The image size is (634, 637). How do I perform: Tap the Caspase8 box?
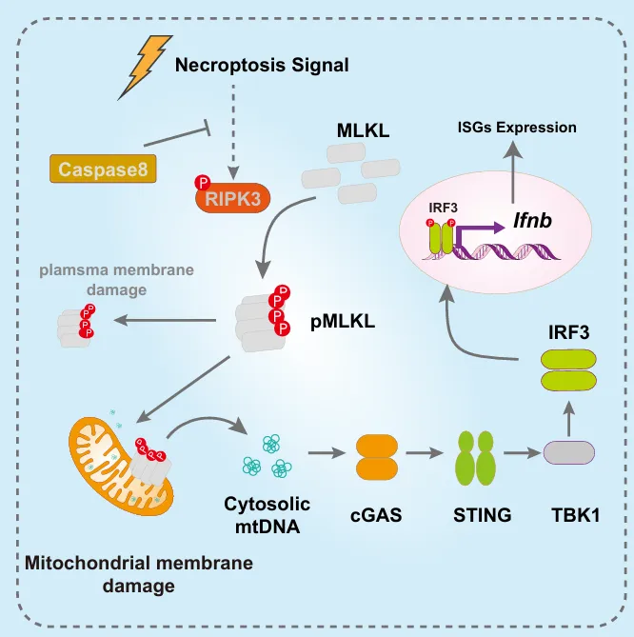click(103, 169)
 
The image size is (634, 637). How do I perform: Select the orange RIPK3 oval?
click(233, 198)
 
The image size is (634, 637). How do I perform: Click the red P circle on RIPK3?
click(202, 182)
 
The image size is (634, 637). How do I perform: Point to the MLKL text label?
click(363, 130)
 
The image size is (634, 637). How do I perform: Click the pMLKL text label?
click(343, 322)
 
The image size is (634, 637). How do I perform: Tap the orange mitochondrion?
click(121, 466)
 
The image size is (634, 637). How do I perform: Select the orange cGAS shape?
click(377, 457)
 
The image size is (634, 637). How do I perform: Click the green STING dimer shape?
click(476, 458)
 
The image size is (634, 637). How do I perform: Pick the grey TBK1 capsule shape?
click(569, 452)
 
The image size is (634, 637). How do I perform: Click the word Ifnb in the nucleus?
click(532, 221)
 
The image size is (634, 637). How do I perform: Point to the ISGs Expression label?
click(517, 128)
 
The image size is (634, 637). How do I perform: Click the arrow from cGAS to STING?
click(424, 452)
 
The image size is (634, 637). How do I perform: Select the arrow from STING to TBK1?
click(523, 452)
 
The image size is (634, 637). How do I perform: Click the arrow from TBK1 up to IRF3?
click(569, 418)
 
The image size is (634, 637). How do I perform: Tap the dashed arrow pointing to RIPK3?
click(233, 132)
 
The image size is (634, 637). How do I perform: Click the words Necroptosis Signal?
click(262, 65)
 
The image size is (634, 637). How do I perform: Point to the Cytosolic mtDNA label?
click(267, 515)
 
